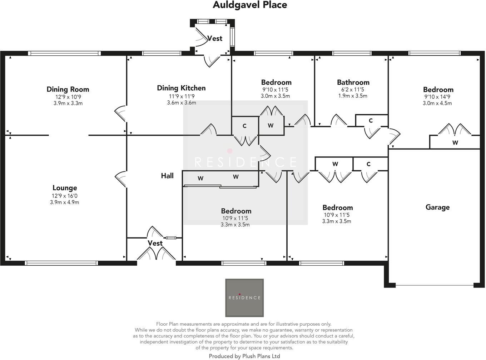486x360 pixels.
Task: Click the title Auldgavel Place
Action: pos(250,5)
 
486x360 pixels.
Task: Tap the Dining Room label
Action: pos(68,89)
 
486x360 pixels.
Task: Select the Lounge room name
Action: pos(65,188)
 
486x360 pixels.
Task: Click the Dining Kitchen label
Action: pos(181,88)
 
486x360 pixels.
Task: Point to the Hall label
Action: pos(167,176)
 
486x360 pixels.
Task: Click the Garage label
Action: pos(437,207)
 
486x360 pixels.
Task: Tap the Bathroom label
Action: pos(353,82)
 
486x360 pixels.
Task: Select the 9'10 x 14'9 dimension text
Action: pos(438,97)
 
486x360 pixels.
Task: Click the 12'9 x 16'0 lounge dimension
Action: pos(64,196)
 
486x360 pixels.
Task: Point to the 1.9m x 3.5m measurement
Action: pos(353,96)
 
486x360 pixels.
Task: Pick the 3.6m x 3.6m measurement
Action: pos(182,102)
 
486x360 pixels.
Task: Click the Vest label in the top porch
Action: pos(215,39)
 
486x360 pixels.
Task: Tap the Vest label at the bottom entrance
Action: pos(155,243)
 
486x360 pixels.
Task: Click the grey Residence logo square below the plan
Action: pos(244,298)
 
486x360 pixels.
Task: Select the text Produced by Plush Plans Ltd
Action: pos(244,356)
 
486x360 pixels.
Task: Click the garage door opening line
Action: pos(435,285)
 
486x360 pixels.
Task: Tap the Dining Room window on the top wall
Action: pos(64,53)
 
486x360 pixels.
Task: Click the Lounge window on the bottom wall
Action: pos(61,263)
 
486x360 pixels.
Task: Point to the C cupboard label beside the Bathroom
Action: pos(371,121)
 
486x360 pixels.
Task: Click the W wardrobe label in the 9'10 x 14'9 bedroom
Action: pos(455,143)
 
